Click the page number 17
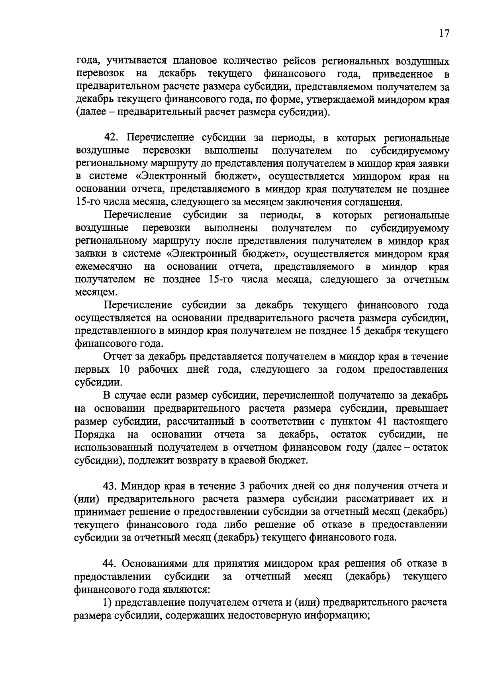(444, 33)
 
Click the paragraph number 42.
(112, 138)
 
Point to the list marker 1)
(108, 602)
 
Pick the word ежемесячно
(104, 266)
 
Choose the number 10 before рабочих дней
(126, 370)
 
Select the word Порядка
(95, 434)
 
